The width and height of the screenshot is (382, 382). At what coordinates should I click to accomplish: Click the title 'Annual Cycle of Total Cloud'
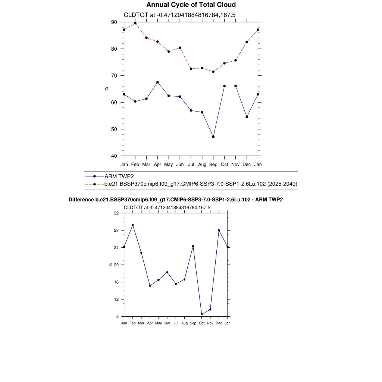pyautogui.click(x=191, y=5)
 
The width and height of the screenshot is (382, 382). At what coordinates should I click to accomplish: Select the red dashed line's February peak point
pyautogui.click(x=135, y=23)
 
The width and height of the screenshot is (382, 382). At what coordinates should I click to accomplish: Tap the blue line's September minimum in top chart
pyautogui.click(x=213, y=137)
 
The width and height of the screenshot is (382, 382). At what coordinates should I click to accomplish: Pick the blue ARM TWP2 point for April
pyautogui.click(x=157, y=82)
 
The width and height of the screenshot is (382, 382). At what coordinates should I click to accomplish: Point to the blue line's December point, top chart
pyautogui.click(x=247, y=117)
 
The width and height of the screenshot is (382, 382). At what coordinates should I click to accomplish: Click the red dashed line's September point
pyautogui.click(x=213, y=72)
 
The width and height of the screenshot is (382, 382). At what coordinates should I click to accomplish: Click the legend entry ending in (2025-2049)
pyautogui.click(x=200, y=184)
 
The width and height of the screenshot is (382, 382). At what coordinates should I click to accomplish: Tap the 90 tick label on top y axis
pyautogui.click(x=114, y=22)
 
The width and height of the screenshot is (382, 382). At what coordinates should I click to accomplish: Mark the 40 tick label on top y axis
pyautogui.click(x=114, y=156)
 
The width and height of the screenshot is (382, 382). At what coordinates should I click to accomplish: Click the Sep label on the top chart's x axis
pyautogui.click(x=213, y=164)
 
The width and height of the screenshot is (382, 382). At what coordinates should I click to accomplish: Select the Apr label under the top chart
pyautogui.click(x=157, y=164)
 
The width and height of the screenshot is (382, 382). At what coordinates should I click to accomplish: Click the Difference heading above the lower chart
pyautogui.click(x=176, y=200)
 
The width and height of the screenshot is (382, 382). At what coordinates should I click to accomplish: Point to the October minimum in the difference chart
pyautogui.click(x=202, y=314)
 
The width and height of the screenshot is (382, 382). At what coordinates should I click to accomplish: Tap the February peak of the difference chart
pyautogui.click(x=132, y=225)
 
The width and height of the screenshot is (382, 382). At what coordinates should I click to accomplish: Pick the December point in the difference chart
pyautogui.click(x=219, y=231)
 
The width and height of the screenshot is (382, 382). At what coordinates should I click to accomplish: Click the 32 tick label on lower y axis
pyautogui.click(x=116, y=213)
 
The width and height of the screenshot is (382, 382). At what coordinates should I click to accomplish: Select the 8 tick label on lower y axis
pyautogui.click(x=117, y=316)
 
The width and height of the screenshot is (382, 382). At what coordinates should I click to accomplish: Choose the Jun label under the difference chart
pyautogui.click(x=167, y=323)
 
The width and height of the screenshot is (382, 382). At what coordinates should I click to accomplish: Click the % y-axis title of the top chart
pyautogui.click(x=106, y=89)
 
